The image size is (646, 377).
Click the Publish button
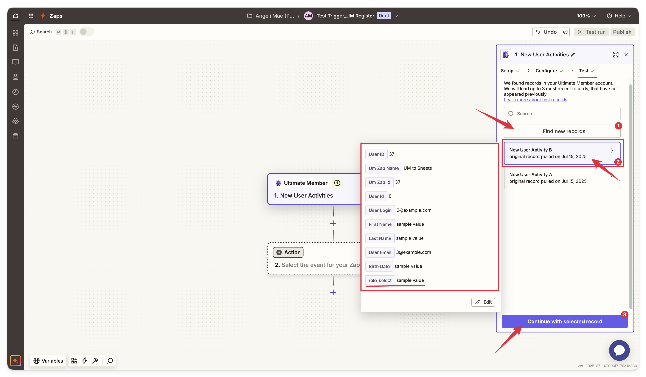(622, 32)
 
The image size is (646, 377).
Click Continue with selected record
(565, 321)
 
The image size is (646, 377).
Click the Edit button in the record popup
(483, 302)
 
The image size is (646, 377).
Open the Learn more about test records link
(535, 100)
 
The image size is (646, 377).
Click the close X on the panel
(626, 55)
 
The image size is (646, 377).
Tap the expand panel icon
(615, 55)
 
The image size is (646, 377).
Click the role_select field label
(380, 280)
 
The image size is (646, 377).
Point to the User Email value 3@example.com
(413, 252)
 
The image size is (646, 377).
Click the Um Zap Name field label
(384, 168)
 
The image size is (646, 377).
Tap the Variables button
(48, 361)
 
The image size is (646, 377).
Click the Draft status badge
(384, 16)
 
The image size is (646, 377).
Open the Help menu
(619, 16)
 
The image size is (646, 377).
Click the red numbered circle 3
(624, 314)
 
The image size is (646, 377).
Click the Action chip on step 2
(288, 252)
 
